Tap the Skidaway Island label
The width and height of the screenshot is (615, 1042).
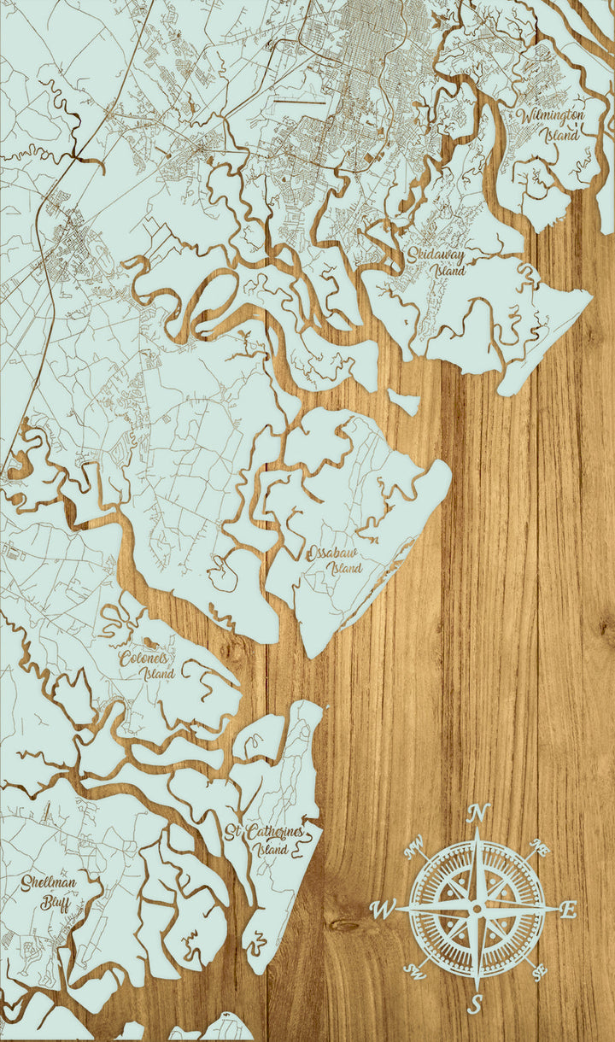click(x=436, y=261)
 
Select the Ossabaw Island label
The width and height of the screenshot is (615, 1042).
click(x=335, y=559)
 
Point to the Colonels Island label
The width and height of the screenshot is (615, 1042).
click(x=149, y=665)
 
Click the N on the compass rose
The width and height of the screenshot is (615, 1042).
click(x=478, y=812)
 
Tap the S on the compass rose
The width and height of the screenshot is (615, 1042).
click(x=476, y=1004)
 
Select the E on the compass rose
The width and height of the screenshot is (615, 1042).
click(x=570, y=908)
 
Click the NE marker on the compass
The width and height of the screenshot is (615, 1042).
click(x=539, y=849)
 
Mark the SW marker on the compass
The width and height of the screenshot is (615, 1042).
click(x=415, y=970)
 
